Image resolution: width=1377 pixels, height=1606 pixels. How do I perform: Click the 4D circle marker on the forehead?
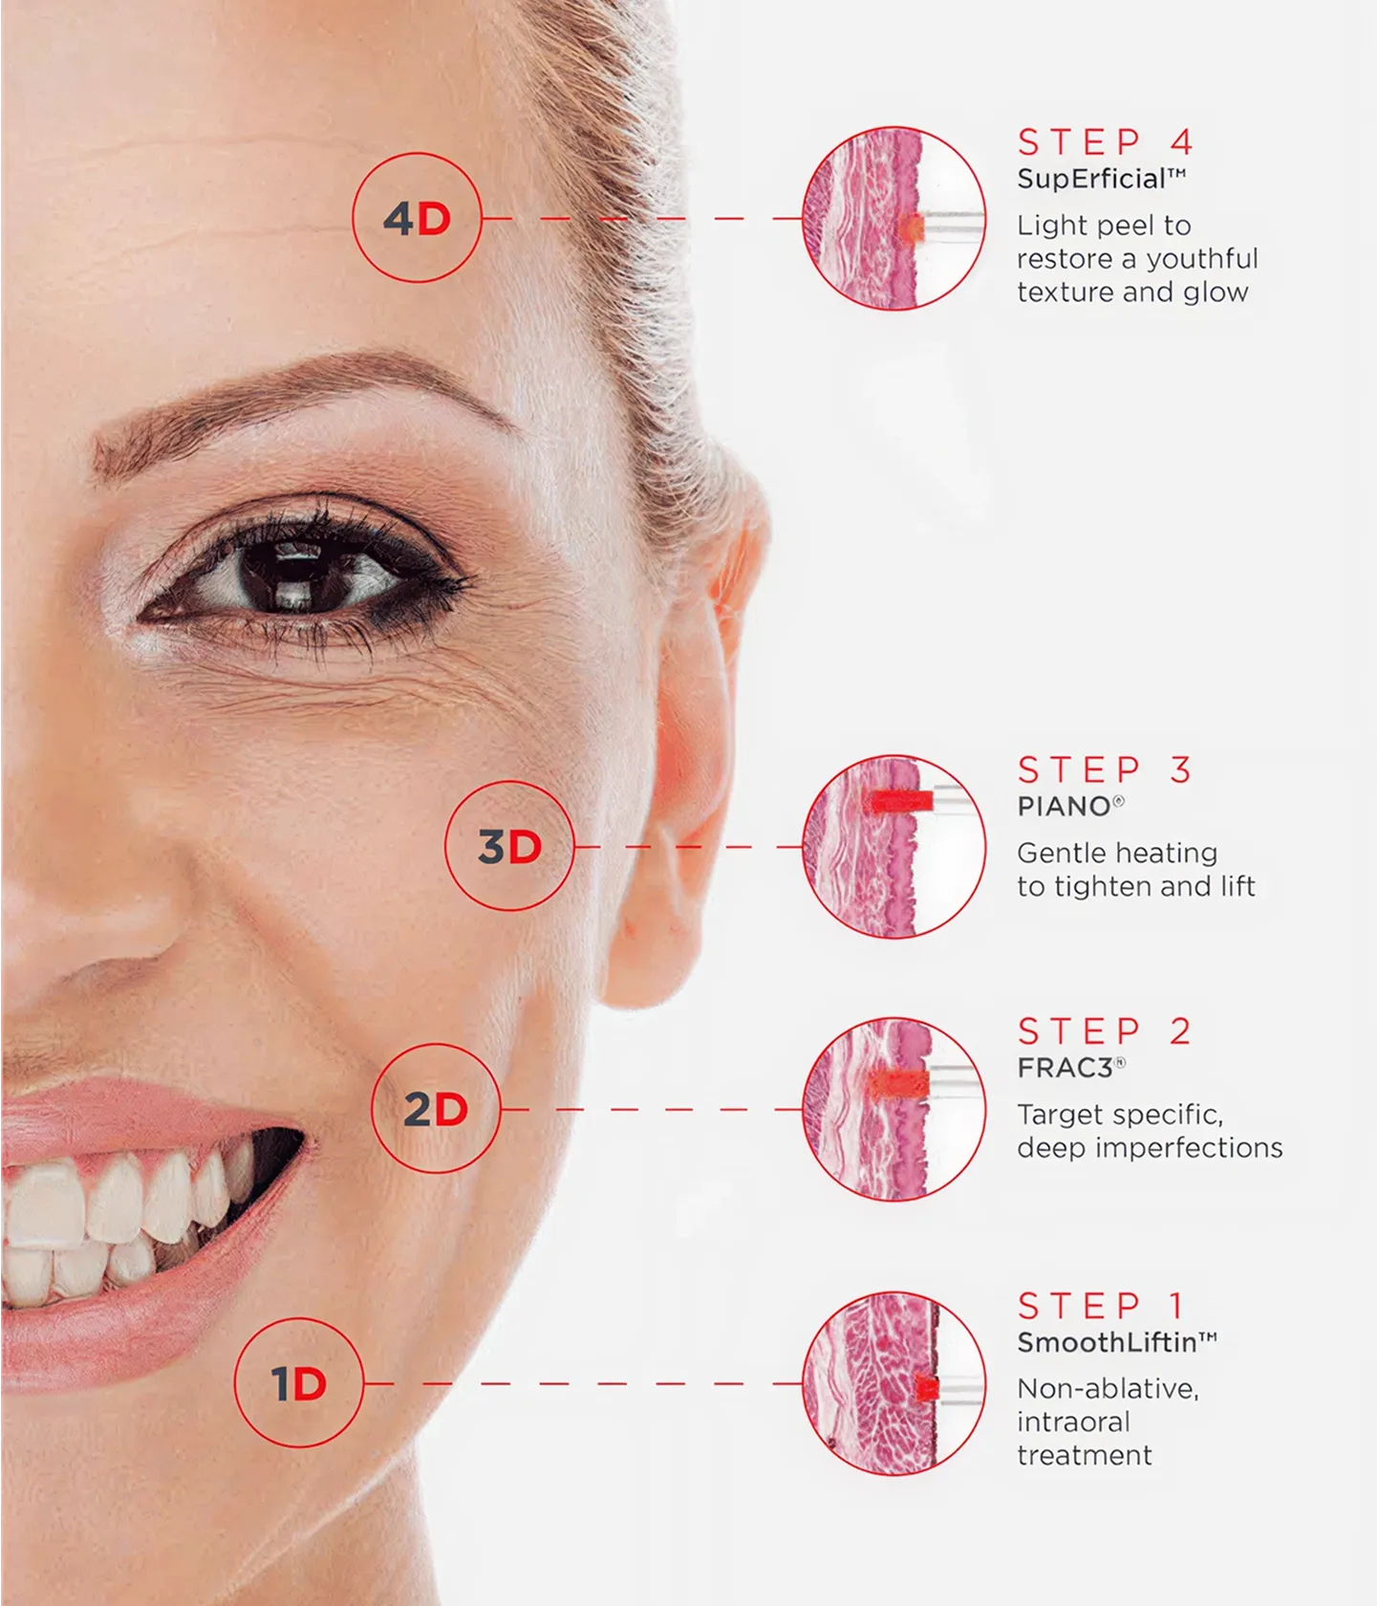[417, 218]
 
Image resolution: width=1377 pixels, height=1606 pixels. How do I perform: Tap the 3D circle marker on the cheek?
[509, 846]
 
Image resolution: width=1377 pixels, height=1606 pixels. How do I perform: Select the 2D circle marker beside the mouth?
[436, 1109]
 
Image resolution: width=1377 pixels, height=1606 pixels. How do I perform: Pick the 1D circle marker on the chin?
[299, 1382]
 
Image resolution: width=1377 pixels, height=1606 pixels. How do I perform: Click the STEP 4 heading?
[1106, 142]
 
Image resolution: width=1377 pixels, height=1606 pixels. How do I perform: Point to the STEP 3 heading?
[1105, 770]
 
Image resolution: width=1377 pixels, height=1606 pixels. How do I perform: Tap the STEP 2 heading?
[1105, 1031]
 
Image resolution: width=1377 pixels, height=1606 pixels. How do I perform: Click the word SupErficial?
[1091, 180]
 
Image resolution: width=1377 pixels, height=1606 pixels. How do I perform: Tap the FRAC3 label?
[1065, 1068]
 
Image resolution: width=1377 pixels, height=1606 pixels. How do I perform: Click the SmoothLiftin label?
[1107, 1342]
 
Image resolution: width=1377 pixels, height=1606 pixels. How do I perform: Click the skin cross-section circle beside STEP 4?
[893, 218]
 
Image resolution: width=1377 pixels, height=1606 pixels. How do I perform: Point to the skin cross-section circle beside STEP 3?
[893, 846]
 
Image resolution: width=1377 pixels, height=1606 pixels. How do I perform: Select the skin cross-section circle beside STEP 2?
[893, 1109]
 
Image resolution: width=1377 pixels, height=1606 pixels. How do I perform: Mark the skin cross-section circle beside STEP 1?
[893, 1382]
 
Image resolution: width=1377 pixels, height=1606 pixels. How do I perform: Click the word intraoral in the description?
[1073, 1422]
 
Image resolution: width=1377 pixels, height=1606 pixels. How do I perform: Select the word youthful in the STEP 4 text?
[1202, 259]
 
